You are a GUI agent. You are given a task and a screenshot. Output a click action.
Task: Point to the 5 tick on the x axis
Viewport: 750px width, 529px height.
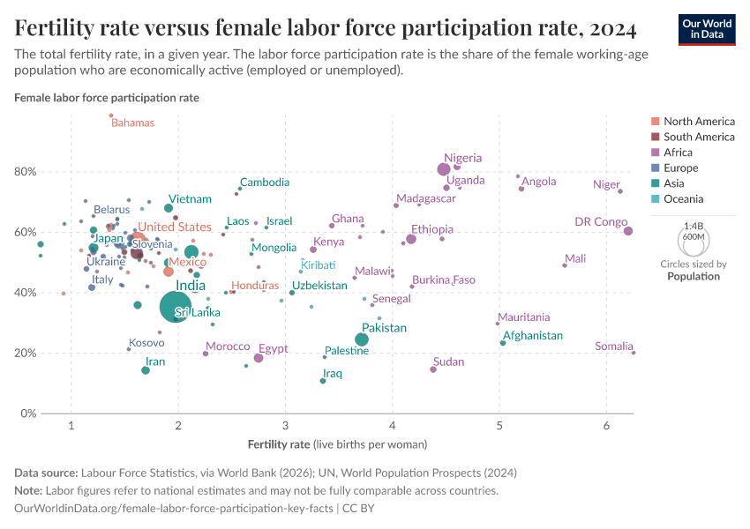499,427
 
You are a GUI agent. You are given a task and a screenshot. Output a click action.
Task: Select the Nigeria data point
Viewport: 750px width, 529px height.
444,169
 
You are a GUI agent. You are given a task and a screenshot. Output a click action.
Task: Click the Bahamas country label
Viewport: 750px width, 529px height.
132,123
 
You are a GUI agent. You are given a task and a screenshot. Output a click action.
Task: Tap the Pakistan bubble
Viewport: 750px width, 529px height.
362,339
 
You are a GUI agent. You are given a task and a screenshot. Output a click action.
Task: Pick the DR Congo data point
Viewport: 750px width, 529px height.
628,231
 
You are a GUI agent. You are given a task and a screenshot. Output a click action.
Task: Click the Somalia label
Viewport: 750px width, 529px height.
613,346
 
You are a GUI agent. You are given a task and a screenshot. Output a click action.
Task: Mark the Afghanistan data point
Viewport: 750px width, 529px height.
503,343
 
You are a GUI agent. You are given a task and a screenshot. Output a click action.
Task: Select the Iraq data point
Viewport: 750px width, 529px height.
323,381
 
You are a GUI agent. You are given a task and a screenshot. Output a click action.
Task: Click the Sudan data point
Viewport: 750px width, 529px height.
433,369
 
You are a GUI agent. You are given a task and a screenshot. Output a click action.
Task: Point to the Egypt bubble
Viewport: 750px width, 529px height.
259,358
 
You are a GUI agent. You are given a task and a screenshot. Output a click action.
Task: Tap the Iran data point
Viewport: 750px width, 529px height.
146,370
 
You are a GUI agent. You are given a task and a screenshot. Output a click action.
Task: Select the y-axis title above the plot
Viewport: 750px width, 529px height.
107,98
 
